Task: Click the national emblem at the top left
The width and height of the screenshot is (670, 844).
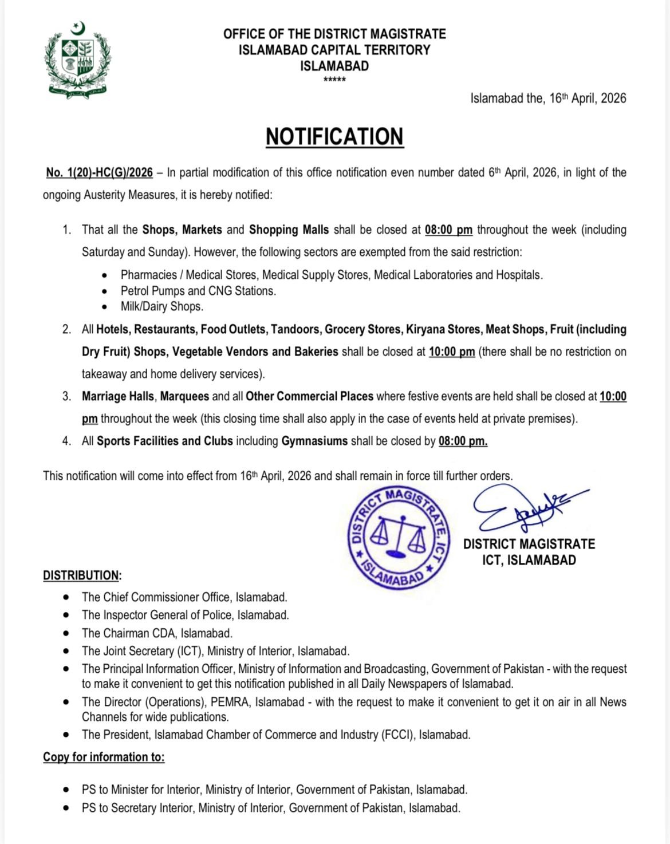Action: point(77,60)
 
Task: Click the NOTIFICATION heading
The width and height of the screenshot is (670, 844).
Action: point(334,137)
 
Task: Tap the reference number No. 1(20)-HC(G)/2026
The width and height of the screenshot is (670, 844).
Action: point(100,172)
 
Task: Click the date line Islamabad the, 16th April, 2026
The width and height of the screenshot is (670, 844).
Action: point(548,98)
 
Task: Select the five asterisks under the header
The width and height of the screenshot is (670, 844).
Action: point(334,80)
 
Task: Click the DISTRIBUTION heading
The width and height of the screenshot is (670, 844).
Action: point(82,575)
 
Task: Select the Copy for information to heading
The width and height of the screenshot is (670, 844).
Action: point(104,757)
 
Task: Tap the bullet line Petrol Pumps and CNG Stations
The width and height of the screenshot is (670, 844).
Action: point(198,291)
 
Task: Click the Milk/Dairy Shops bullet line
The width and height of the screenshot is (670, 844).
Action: point(162,306)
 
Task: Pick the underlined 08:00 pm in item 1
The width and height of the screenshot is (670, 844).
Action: point(448,230)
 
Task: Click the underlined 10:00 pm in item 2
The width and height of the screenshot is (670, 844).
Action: point(452,352)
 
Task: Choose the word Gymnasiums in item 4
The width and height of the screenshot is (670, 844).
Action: point(314,441)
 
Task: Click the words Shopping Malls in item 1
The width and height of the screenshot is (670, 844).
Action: point(289,230)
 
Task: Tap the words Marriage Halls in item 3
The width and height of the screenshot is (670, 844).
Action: point(118,396)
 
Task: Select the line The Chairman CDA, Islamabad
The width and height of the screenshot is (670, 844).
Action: point(157,633)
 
